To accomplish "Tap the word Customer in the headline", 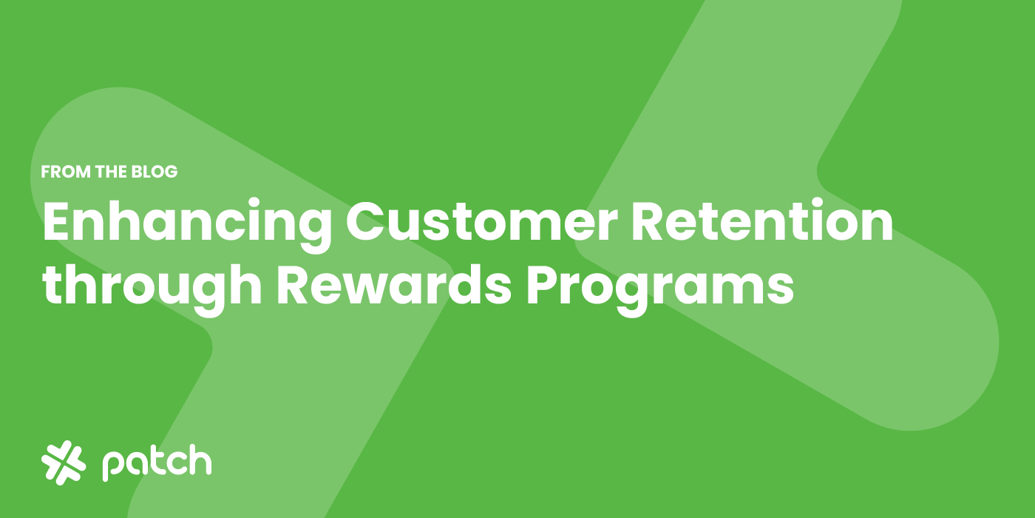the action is [x=482, y=222].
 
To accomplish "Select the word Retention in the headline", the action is [x=762, y=221].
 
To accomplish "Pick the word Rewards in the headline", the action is [x=394, y=285].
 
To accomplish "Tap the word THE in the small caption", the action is [x=112, y=172].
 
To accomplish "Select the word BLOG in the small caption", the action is [x=155, y=172].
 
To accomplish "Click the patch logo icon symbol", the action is [x=64, y=462].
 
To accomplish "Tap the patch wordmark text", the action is [x=157, y=462].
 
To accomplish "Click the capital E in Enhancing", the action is [x=58, y=221].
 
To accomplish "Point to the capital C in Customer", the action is [x=365, y=221].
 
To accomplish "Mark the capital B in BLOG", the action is [x=138, y=172].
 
